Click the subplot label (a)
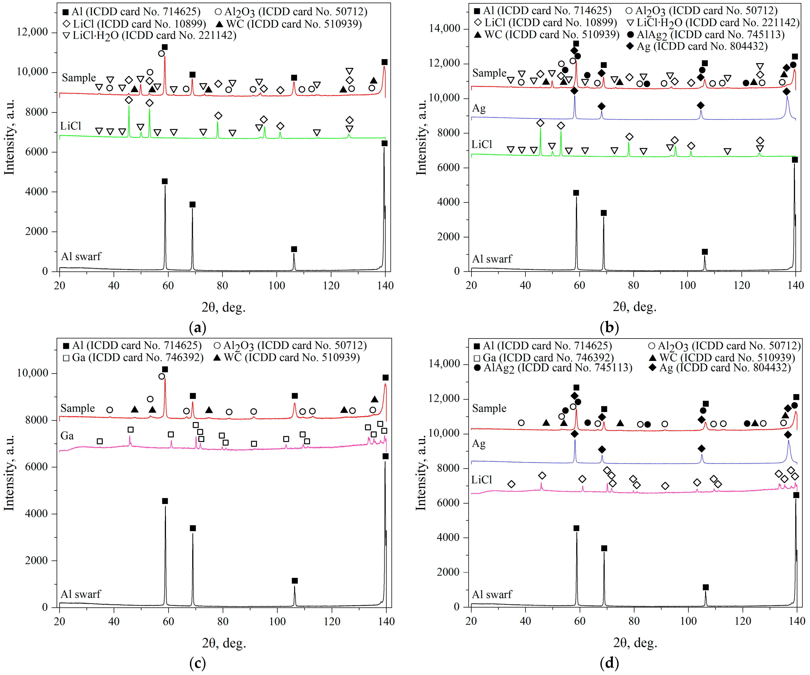(197, 327)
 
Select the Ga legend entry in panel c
(133, 358)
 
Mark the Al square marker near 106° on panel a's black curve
(294, 249)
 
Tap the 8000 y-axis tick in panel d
(448, 468)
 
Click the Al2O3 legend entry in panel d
(724, 346)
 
